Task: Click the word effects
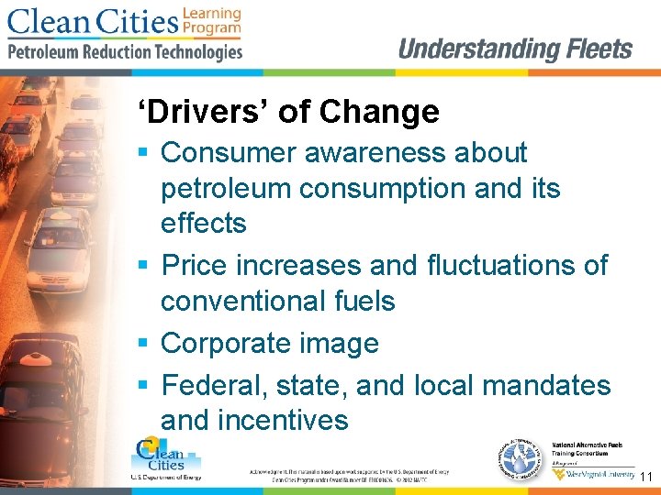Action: tap(204, 223)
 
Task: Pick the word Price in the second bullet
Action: tap(195, 265)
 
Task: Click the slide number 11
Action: tap(645, 478)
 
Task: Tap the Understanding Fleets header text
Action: tap(515, 49)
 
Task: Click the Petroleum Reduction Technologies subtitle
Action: tap(126, 52)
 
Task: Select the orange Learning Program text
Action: tap(211, 20)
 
